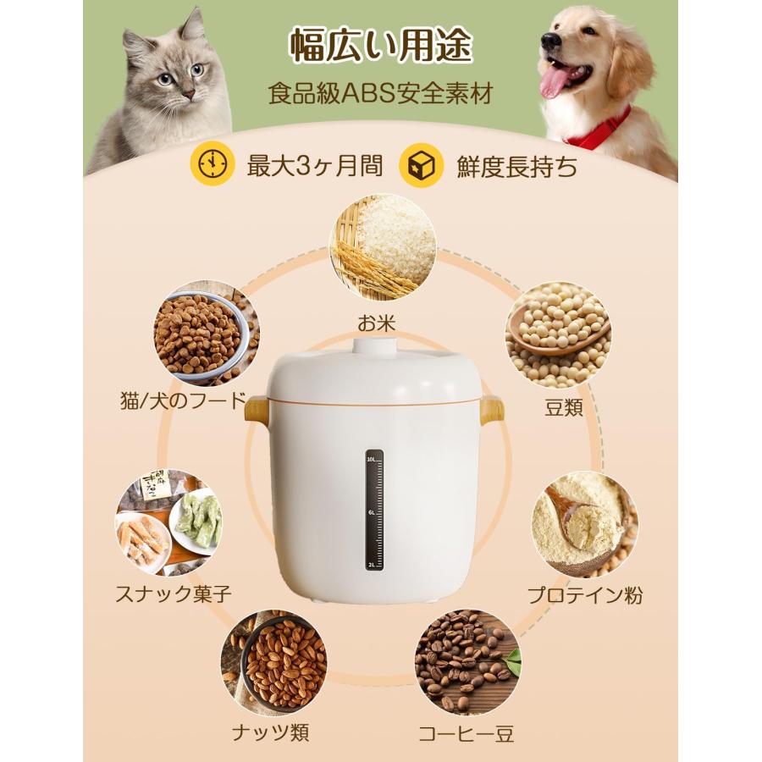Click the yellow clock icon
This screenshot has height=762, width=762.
(x=208, y=163)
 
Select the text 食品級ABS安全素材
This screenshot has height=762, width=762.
(x=381, y=93)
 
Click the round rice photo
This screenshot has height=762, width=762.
(x=382, y=247)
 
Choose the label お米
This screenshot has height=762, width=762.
(x=377, y=323)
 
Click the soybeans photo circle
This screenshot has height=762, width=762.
(x=558, y=335)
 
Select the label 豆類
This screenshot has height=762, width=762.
(x=564, y=407)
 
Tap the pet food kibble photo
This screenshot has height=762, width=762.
(x=207, y=333)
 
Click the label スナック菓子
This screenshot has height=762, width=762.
(x=174, y=594)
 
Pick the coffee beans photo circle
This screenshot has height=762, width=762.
(x=467, y=661)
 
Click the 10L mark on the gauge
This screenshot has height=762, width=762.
(x=372, y=458)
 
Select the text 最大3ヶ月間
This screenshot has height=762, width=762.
(x=314, y=165)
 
